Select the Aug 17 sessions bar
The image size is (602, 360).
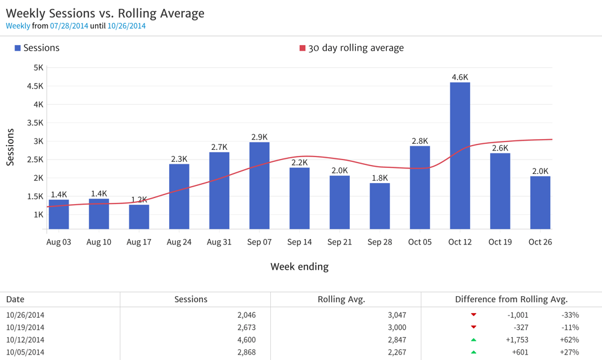(x=139, y=217)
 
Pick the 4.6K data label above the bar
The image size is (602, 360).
(x=460, y=77)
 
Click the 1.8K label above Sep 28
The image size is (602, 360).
(x=380, y=178)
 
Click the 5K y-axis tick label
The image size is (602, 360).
(x=38, y=68)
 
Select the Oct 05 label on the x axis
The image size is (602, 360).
(x=420, y=242)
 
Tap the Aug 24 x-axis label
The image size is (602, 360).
(x=179, y=242)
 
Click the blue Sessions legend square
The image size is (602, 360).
(x=17, y=48)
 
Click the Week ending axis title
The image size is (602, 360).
(x=299, y=266)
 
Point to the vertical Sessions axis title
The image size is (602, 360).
(x=10, y=147)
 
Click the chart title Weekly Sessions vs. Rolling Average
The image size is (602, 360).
(x=105, y=13)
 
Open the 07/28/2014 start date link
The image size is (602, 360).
(x=69, y=26)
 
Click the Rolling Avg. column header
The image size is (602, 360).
(x=341, y=299)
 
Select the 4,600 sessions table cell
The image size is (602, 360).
(x=243, y=340)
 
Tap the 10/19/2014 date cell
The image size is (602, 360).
(x=25, y=327)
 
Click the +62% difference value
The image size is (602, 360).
(x=569, y=340)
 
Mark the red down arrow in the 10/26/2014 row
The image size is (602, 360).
(x=474, y=315)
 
